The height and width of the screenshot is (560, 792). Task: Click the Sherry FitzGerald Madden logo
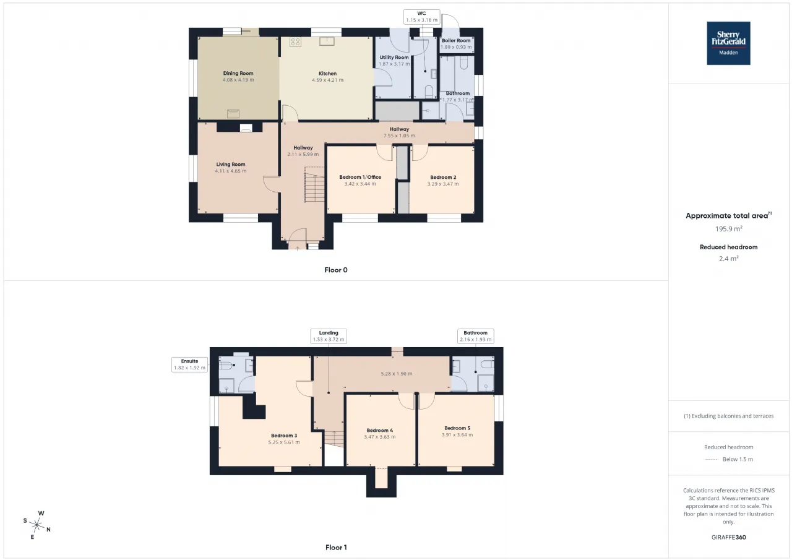click(728, 43)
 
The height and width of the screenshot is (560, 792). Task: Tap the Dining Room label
click(238, 73)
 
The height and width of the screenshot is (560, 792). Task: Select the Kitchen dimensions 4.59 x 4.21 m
click(327, 80)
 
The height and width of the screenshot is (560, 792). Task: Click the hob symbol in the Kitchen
click(295, 42)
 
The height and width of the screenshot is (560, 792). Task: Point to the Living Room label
click(231, 164)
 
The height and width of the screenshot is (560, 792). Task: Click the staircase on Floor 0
click(314, 184)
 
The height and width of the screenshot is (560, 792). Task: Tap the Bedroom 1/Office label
click(360, 177)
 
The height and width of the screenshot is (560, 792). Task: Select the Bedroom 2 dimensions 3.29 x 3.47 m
click(442, 184)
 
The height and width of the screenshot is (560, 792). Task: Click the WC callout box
click(421, 17)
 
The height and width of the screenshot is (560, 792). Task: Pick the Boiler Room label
click(456, 40)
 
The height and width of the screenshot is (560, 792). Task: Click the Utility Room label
click(394, 58)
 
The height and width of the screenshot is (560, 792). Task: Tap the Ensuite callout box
click(189, 364)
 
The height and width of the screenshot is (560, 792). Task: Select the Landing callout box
click(329, 336)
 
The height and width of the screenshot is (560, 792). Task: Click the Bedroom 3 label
click(284, 436)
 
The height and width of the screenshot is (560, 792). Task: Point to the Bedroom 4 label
click(379, 430)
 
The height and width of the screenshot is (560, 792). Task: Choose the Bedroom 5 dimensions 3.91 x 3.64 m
click(457, 435)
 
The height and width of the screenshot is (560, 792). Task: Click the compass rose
click(37, 525)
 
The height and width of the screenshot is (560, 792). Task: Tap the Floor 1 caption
click(336, 548)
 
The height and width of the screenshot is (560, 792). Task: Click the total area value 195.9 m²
click(728, 229)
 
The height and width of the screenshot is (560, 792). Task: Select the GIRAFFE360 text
click(728, 537)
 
